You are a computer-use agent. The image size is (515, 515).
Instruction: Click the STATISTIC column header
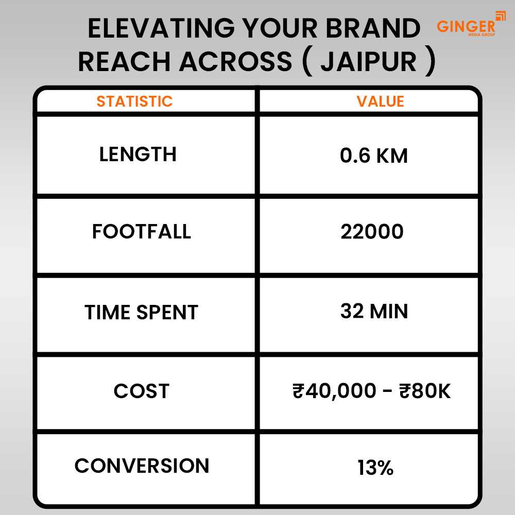pyautogui.click(x=134, y=101)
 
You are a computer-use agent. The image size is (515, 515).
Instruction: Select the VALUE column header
pyautogui.click(x=380, y=101)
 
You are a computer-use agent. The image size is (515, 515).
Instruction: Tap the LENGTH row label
pyautogui.click(x=138, y=154)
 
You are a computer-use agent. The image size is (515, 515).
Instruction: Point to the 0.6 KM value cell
pyautogui.click(x=374, y=155)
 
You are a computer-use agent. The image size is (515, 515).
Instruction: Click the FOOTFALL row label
pyautogui.click(x=141, y=231)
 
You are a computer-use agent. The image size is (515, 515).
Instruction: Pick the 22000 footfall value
pyautogui.click(x=372, y=232)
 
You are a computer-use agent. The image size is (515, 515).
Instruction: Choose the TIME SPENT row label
pyautogui.click(x=141, y=313)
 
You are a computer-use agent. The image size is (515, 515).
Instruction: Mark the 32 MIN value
pyautogui.click(x=374, y=311)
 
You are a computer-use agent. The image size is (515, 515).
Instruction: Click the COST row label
pyautogui.click(x=141, y=391)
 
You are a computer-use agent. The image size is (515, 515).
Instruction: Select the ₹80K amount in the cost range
pyautogui.click(x=425, y=391)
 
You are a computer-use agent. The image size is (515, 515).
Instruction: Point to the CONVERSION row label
pyautogui.click(x=142, y=466)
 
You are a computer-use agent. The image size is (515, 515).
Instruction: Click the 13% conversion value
pyautogui.click(x=375, y=468)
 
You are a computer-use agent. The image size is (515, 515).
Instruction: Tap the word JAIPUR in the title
pyautogui.click(x=368, y=61)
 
